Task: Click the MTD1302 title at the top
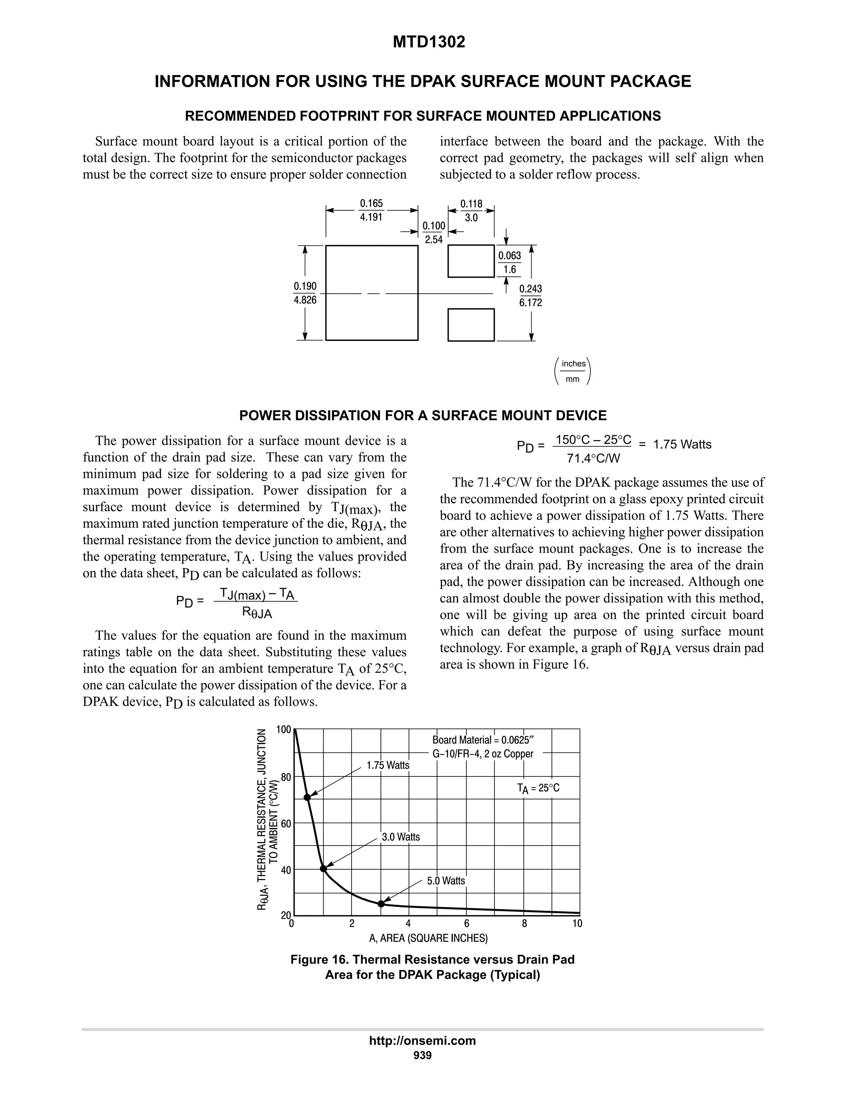click(428, 42)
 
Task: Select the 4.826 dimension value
click(305, 300)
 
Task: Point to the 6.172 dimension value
click(530, 303)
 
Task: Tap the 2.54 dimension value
click(433, 240)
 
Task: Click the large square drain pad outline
click(371, 293)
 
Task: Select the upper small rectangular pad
click(471, 261)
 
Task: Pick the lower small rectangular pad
click(471, 325)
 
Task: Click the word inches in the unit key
click(573, 364)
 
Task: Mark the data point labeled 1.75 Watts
click(307, 797)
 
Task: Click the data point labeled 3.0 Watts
click(323, 869)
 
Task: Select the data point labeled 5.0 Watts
click(381, 903)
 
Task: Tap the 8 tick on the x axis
click(524, 924)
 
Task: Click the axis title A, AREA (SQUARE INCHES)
click(428, 938)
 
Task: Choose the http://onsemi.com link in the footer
click(422, 1041)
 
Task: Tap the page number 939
click(422, 1055)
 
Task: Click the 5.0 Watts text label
click(446, 881)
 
